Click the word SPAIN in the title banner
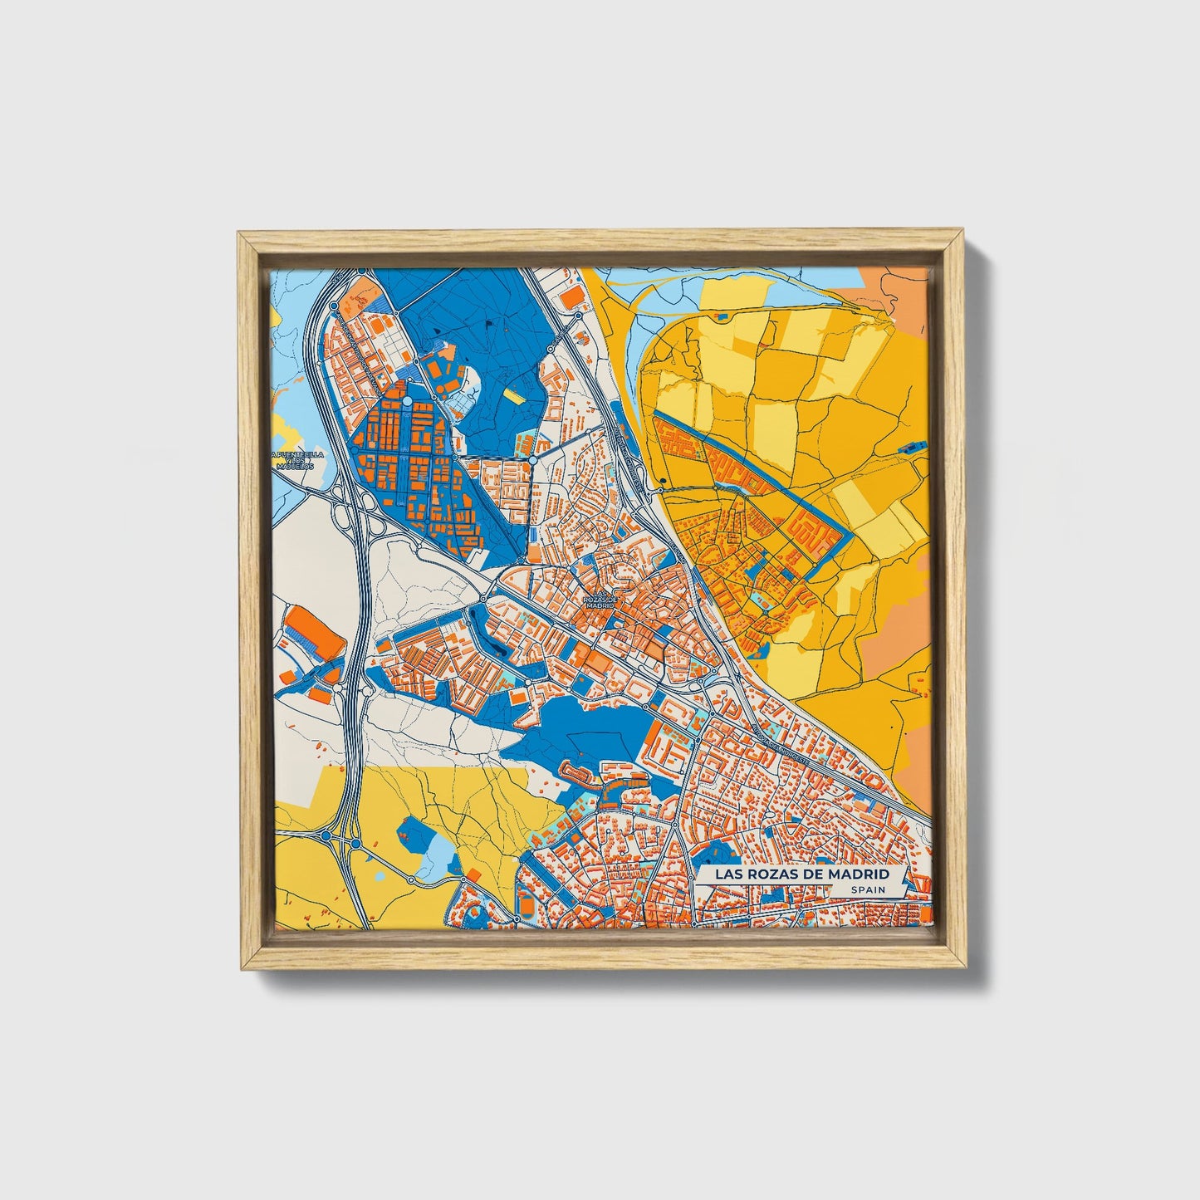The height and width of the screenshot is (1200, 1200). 866,889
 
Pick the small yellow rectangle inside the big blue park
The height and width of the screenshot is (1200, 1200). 514,397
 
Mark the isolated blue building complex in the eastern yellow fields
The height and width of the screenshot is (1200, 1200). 912,447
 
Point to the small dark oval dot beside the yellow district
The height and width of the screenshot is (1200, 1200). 664,479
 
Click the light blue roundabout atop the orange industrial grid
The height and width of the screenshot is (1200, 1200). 408,402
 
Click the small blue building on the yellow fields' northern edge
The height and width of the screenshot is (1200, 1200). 721,316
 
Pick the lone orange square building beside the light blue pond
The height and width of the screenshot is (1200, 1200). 473,874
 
